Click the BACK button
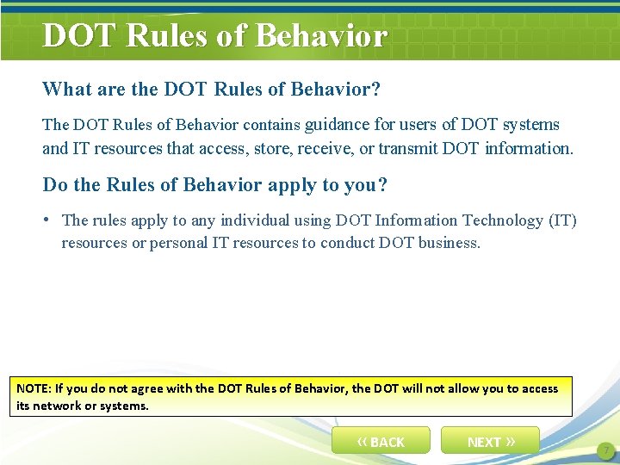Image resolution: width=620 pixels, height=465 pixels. [381, 441]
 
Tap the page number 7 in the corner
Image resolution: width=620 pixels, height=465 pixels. [605, 450]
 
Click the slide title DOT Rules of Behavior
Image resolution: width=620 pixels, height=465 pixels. [214, 36]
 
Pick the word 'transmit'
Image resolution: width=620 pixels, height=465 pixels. [408, 148]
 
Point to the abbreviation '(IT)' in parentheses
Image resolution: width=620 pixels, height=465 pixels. [562, 220]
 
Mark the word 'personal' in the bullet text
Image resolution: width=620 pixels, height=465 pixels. [180, 243]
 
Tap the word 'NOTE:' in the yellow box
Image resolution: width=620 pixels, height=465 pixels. [34, 388]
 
